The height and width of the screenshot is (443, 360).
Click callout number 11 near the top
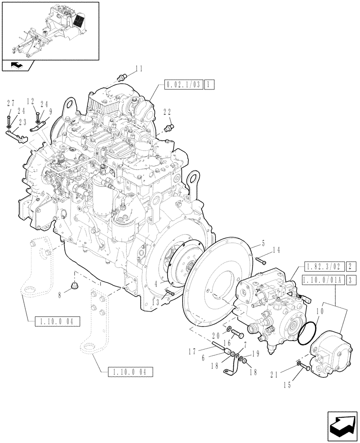139,69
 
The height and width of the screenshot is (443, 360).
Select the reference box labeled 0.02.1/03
183,84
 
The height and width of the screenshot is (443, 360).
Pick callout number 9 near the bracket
51,113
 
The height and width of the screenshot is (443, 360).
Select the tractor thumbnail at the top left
50,30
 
